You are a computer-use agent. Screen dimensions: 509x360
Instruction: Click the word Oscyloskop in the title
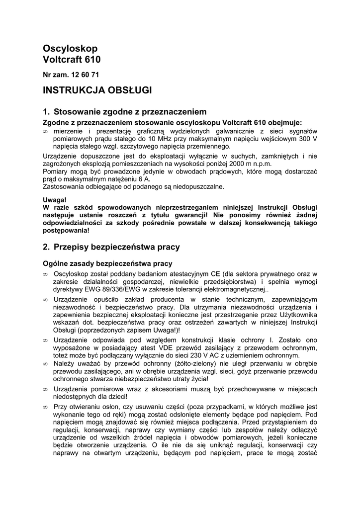pos(70,48)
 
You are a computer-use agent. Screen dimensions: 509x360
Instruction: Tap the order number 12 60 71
pos(85,75)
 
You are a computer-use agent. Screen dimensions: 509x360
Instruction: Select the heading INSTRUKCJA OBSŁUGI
pos(97,90)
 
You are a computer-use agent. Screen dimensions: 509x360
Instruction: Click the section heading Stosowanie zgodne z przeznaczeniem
pos(130,112)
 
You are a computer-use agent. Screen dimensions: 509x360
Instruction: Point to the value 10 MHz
pos(159,139)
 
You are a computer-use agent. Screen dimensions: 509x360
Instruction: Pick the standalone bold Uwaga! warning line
pos(54,199)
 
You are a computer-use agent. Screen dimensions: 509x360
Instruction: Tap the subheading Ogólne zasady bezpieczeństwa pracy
pos(107,263)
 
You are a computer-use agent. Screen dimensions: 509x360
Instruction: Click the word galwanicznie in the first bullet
pos(213,131)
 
